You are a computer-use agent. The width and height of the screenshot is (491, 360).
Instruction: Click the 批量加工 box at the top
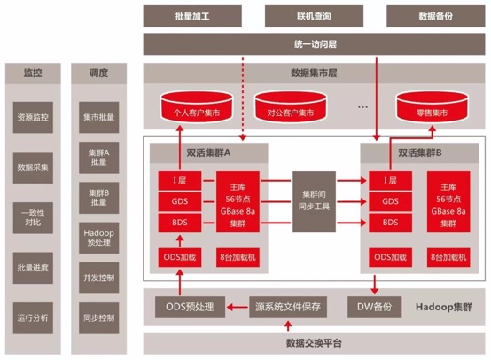(x=192, y=16)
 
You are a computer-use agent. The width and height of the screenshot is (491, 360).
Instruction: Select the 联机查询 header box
(x=314, y=16)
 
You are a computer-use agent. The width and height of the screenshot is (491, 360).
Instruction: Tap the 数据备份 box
(x=435, y=16)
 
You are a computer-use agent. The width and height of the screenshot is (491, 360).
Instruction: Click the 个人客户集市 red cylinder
(x=197, y=106)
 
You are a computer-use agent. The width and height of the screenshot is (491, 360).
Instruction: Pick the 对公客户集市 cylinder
(x=291, y=106)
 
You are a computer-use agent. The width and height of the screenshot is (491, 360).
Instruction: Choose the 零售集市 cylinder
(x=433, y=106)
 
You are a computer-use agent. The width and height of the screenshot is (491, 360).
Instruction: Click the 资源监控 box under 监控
(x=33, y=118)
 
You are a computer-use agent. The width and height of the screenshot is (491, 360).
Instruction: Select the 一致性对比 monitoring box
(x=33, y=218)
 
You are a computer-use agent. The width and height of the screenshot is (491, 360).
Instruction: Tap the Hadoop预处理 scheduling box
(x=99, y=238)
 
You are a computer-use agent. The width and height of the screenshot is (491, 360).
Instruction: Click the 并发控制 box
(x=99, y=278)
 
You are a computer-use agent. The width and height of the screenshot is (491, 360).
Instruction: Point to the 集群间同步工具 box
(x=314, y=201)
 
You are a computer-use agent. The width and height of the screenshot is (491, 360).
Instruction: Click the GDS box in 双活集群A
(x=180, y=201)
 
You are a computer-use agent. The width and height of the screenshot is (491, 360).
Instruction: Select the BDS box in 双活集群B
(x=390, y=223)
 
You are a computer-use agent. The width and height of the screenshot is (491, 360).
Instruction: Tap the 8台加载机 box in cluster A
(x=238, y=257)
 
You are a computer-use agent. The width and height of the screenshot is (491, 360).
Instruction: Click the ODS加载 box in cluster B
(x=390, y=257)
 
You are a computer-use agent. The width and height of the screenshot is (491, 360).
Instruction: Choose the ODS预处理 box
(x=190, y=307)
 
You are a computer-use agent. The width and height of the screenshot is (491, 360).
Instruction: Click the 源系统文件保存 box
(x=288, y=307)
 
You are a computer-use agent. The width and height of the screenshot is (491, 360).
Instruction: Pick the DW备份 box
(x=375, y=307)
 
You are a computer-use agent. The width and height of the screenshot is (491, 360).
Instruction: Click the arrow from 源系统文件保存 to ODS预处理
(x=237, y=308)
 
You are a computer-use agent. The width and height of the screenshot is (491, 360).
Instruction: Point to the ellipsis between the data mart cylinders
(x=362, y=107)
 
